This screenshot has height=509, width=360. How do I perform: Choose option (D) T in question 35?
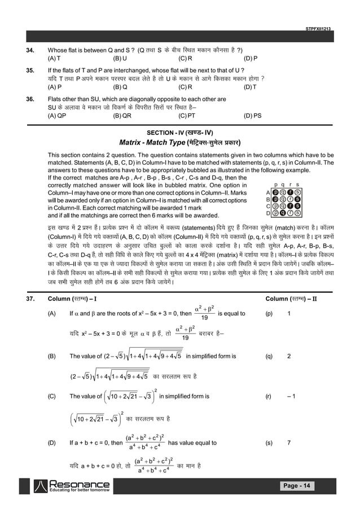(x=249, y=87)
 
